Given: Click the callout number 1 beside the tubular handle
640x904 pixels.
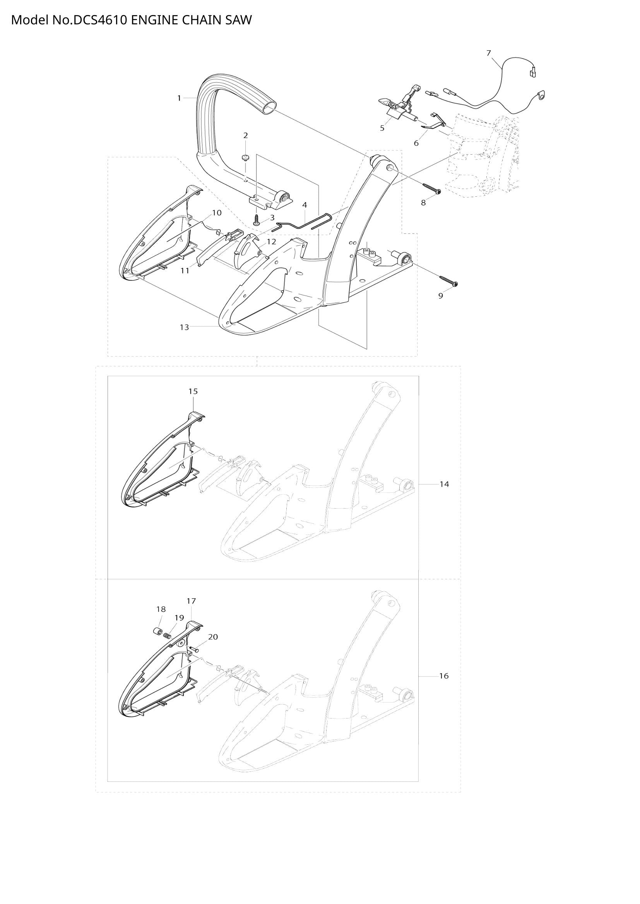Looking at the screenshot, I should [179, 98].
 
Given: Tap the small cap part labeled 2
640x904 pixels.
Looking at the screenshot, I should [246, 158].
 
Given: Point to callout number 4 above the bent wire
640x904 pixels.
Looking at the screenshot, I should [304, 205].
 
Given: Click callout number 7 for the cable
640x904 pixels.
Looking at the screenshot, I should [489, 53].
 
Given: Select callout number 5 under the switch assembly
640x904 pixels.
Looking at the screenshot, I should [382, 128].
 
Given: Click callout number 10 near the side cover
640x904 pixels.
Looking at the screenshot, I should [217, 213].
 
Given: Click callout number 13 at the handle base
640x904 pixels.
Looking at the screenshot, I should [185, 327].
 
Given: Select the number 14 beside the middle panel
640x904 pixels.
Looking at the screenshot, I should [444, 484].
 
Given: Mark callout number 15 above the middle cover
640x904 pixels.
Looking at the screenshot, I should [193, 392].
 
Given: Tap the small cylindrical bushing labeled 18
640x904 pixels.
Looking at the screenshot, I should [157, 632].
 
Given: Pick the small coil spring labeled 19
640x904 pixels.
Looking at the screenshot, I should [167, 635].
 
